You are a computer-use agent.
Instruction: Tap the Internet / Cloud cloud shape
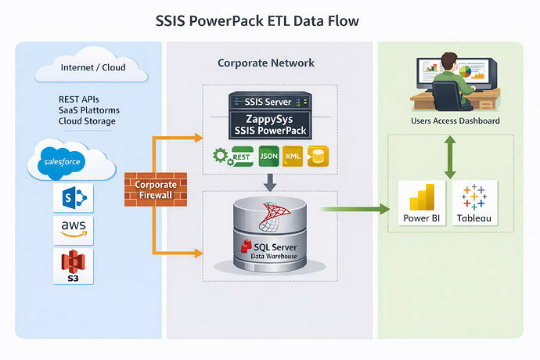[92, 69]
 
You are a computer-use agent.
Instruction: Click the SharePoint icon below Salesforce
[73, 199]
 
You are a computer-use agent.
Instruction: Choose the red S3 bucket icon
[73, 266]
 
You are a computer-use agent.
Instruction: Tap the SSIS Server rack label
[269, 102]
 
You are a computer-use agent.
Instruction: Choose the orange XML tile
[291, 157]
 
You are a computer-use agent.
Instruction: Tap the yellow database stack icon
[319, 157]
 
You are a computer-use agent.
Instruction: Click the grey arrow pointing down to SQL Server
[269, 182]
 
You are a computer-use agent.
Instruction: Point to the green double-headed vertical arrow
[449, 156]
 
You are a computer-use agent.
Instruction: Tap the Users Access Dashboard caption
[455, 121]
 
